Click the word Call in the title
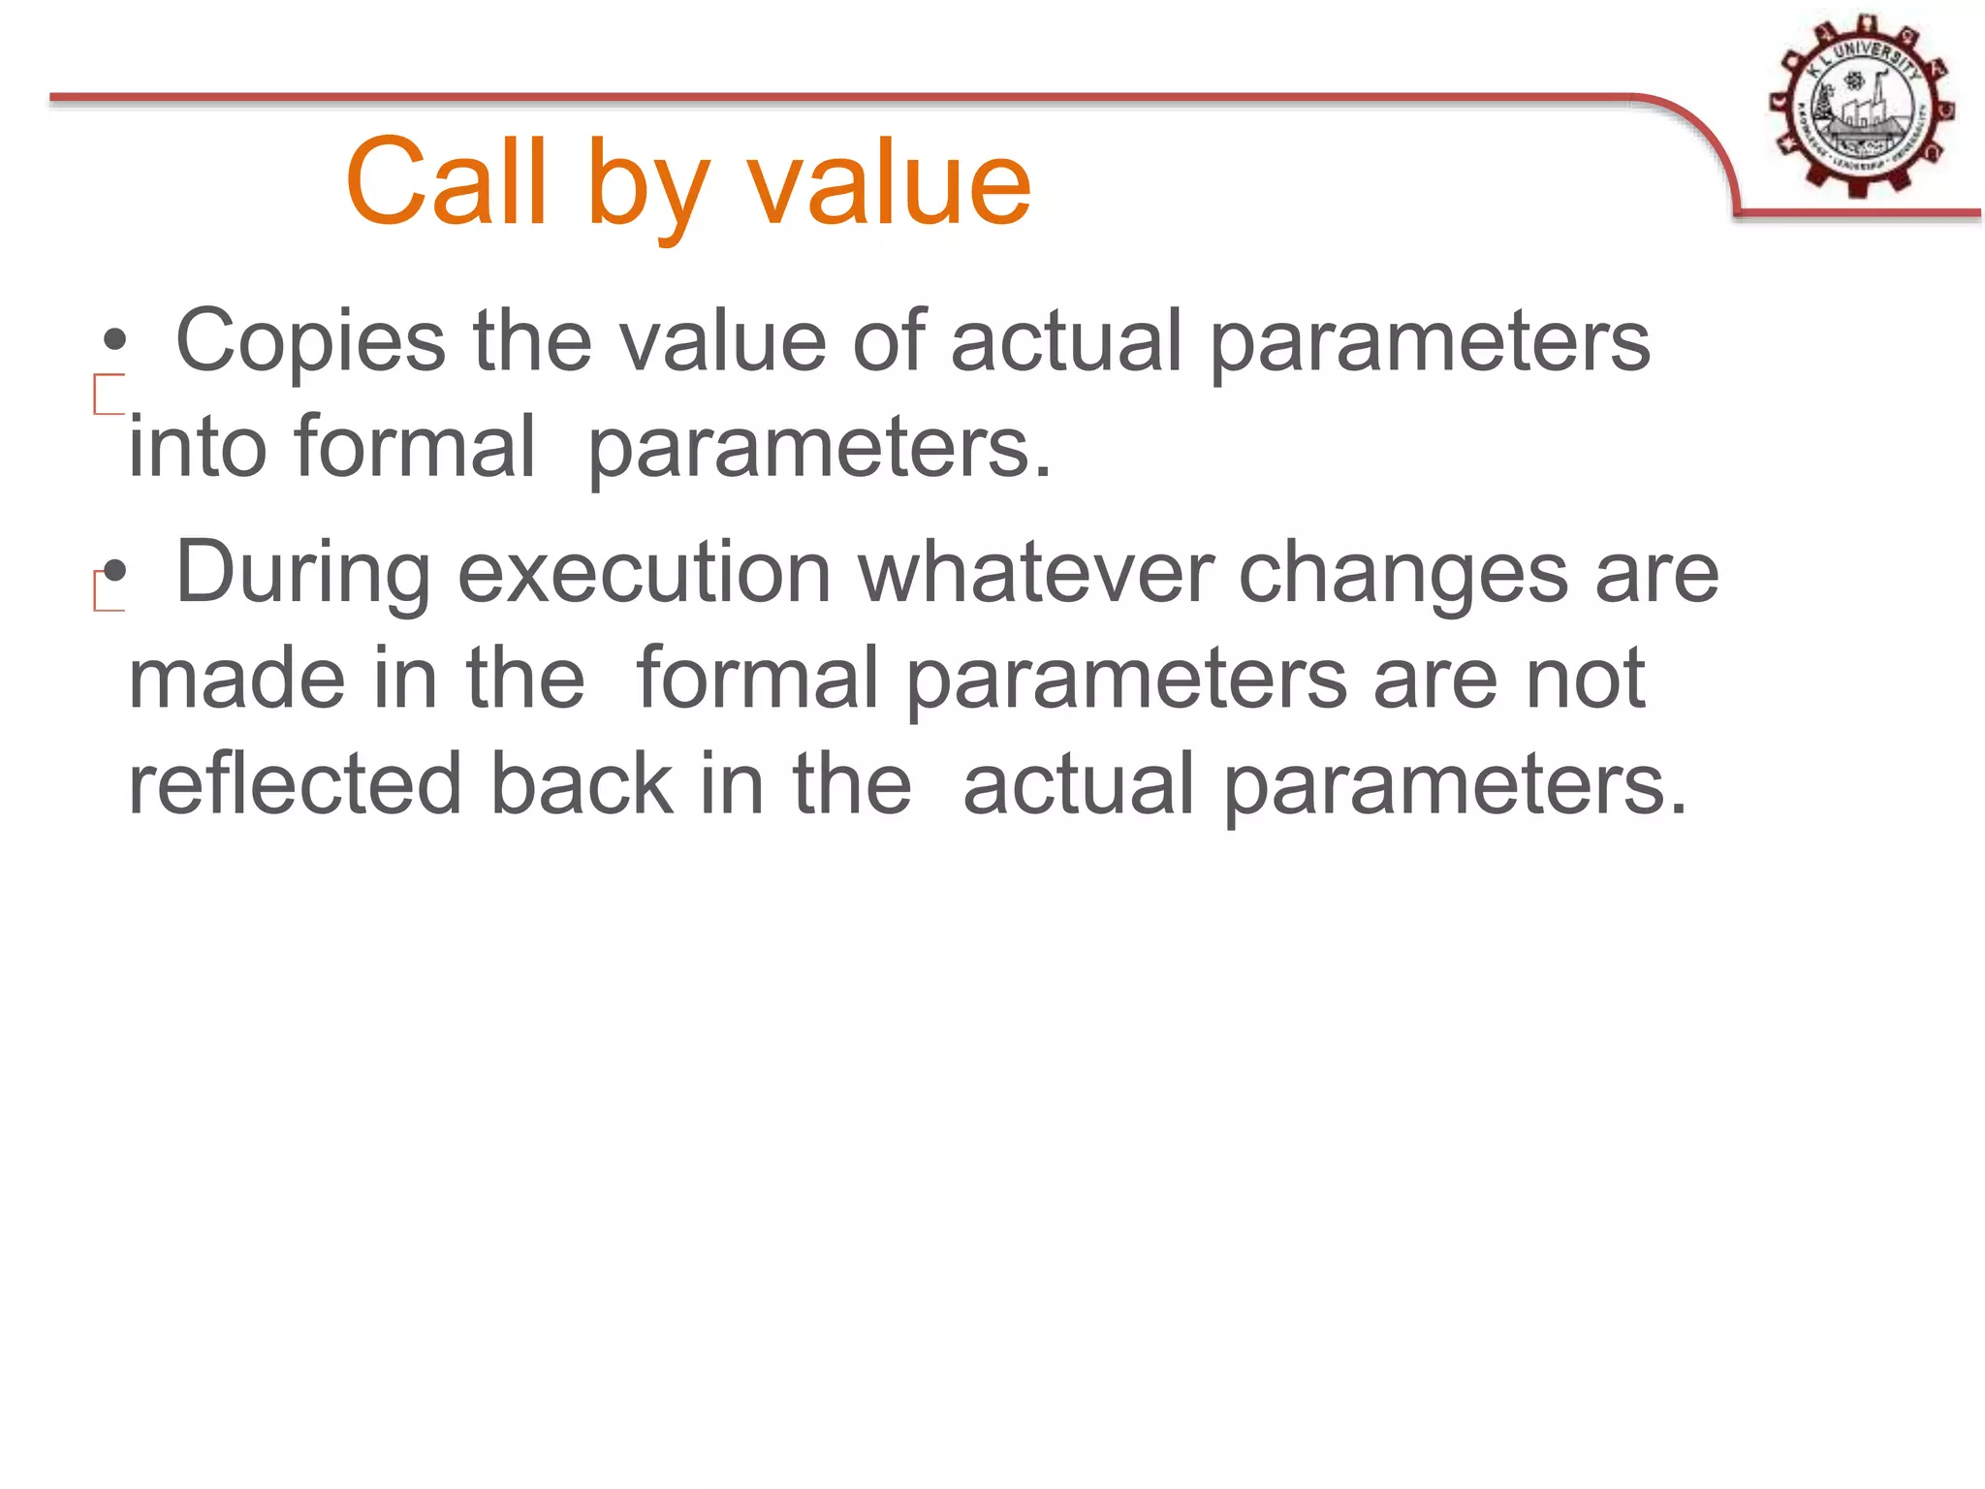pyautogui.click(x=447, y=182)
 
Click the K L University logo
pyautogui.click(x=1860, y=106)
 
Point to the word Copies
pyautogui.click(x=310, y=342)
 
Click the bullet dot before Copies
pyautogui.click(x=115, y=340)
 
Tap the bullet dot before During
pyautogui.click(x=115, y=572)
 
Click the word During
pyautogui.click(x=302, y=573)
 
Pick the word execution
pyautogui.click(x=645, y=573)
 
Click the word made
pyautogui.click(x=236, y=679)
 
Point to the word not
pyautogui.click(x=1586, y=679)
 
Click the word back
pyautogui.click(x=582, y=784)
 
